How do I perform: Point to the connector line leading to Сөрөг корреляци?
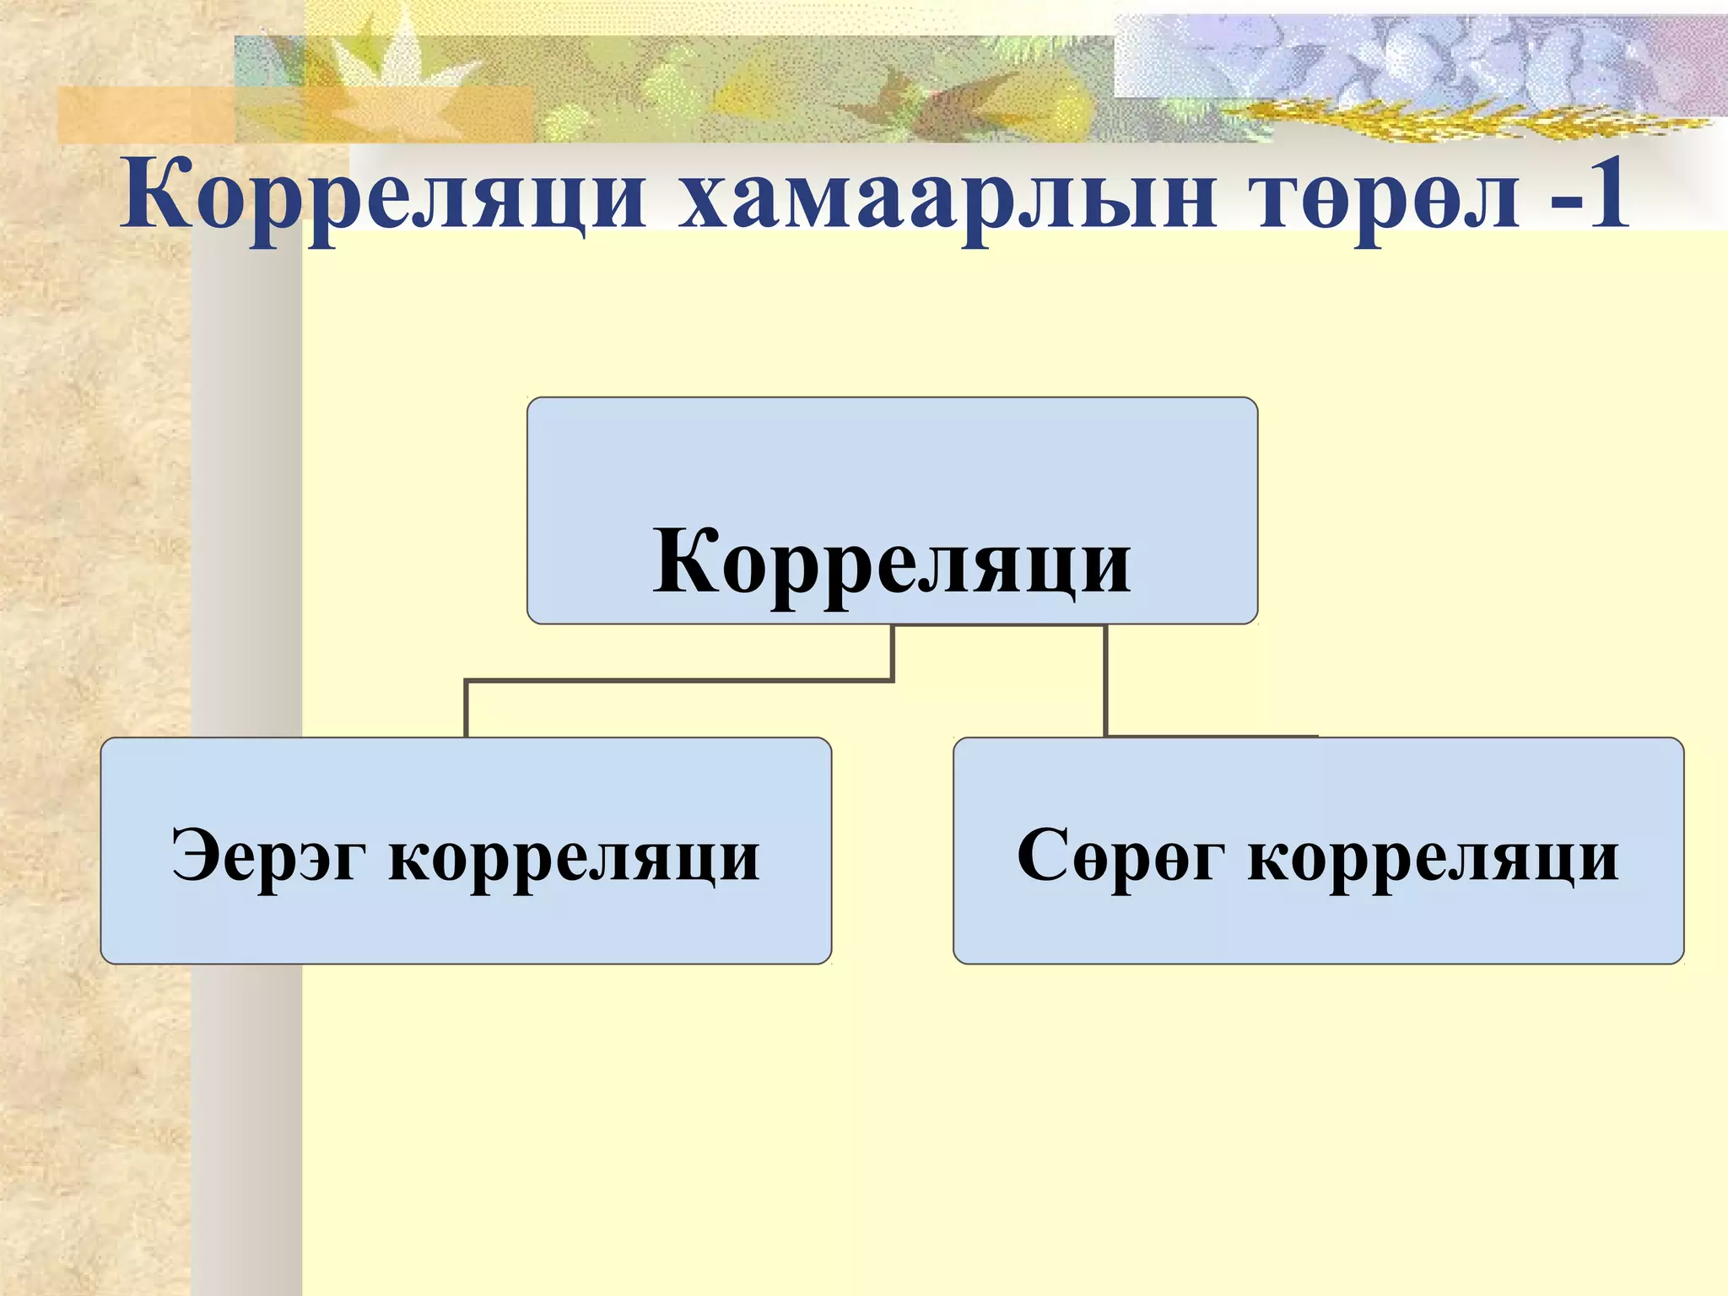(1105, 680)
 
